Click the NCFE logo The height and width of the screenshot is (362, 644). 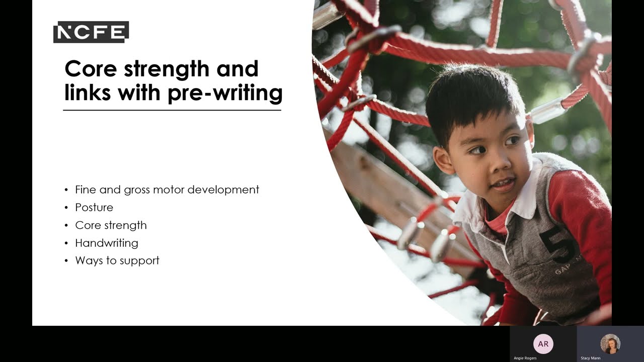(x=91, y=32)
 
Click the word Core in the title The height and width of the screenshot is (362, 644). (x=91, y=69)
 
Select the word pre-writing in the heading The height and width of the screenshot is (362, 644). (x=225, y=93)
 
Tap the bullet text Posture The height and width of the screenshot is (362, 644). (x=94, y=207)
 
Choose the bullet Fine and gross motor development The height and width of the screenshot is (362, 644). (x=167, y=190)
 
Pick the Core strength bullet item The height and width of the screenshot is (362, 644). (x=111, y=225)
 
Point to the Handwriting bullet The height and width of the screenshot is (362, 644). (x=107, y=243)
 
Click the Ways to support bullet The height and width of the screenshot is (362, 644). (x=117, y=260)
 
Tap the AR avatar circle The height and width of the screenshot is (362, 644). (x=543, y=344)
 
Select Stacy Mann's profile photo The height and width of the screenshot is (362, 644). (x=610, y=344)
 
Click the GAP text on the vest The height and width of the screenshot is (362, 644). (x=565, y=270)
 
